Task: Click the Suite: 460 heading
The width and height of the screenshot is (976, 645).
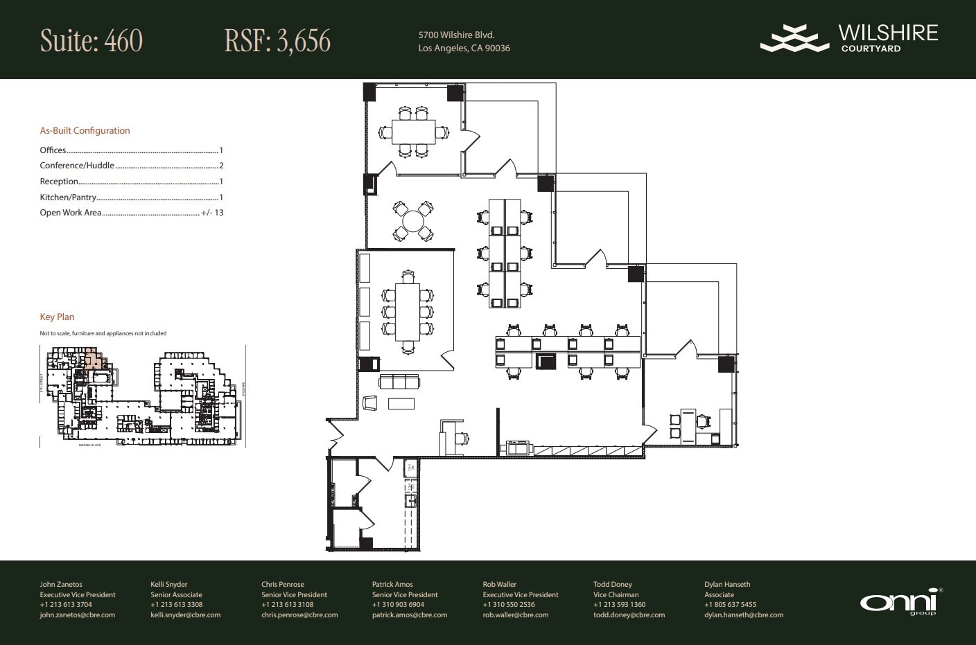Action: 91,41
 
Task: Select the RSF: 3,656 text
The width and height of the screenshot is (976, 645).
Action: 277,41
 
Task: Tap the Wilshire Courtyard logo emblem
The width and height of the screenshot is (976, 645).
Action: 794,38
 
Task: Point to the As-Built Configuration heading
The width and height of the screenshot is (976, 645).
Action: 85,130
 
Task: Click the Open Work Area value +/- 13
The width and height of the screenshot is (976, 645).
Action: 212,213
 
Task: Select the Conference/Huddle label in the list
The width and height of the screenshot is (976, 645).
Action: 77,166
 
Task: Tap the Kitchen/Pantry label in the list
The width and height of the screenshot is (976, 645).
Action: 68,197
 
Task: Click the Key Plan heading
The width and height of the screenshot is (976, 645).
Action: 57,317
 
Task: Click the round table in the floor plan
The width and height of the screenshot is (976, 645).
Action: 414,221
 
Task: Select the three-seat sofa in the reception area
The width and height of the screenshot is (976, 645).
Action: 399,382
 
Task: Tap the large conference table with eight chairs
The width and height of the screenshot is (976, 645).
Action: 408,312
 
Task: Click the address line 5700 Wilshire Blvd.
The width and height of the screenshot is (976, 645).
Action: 456,35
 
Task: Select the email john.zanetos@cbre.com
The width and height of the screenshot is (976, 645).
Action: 77,615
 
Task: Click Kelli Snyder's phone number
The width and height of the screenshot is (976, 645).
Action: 176,604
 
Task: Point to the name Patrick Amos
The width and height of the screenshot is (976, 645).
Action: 392,584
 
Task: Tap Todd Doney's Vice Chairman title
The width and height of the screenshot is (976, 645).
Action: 614,594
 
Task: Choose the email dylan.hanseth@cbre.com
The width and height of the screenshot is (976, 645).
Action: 744,615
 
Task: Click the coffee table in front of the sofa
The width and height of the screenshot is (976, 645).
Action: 401,404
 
